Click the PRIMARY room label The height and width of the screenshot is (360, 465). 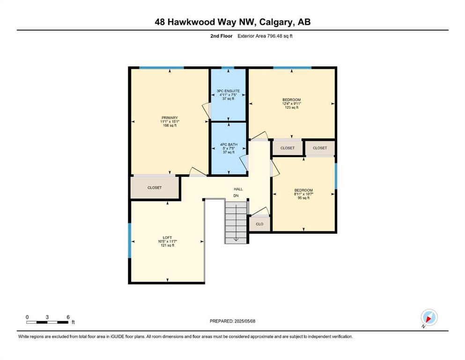170,118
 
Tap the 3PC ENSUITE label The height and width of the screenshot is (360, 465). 228,91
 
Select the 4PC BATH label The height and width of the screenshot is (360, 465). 229,144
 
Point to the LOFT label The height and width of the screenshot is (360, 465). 167,238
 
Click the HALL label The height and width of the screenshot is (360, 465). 238,189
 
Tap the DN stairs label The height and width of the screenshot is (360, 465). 236,196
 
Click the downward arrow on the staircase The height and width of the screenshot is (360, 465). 236,222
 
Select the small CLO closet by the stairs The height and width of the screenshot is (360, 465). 259,224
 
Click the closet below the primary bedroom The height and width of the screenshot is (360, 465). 155,187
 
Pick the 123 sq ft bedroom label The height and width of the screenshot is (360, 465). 292,100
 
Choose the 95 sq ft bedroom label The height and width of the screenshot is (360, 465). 303,190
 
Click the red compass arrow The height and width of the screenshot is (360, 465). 428,319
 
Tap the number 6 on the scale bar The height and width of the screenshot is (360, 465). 68,317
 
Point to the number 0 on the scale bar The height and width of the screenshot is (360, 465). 27,317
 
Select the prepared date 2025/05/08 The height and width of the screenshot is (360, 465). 244,321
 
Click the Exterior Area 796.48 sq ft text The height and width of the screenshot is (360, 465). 265,36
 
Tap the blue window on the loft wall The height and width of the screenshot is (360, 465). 129,240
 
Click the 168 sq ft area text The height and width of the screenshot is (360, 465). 170,126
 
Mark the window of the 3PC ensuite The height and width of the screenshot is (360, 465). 228,68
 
